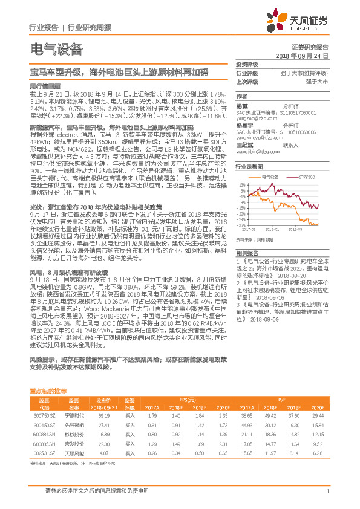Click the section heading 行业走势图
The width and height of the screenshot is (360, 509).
click(x=249, y=165)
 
